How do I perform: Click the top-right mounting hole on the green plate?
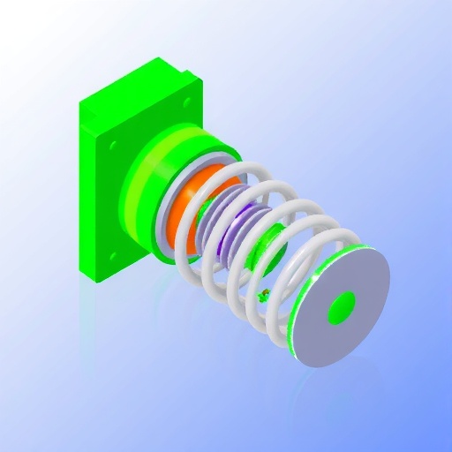(186, 103)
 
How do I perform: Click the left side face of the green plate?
(87, 194)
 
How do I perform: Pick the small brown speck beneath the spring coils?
(264, 295)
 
